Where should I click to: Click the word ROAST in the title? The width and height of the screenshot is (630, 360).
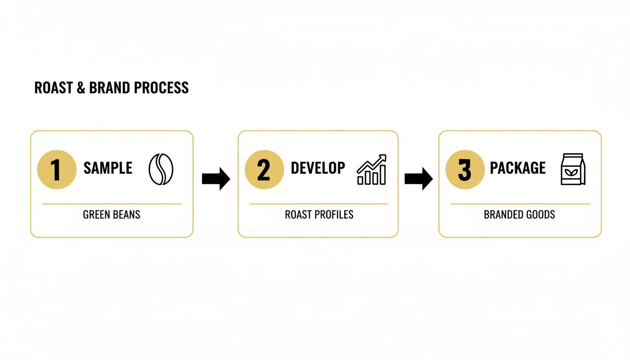pyautogui.click(x=53, y=88)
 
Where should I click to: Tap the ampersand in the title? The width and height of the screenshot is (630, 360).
pyautogui.click(x=81, y=88)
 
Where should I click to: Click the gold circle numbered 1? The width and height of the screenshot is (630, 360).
pyautogui.click(x=57, y=169)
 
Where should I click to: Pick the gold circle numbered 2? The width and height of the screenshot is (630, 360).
pyautogui.click(x=264, y=169)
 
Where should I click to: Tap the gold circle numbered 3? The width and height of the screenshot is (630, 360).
pyautogui.click(x=465, y=169)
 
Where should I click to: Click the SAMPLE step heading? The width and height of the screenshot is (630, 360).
pyautogui.click(x=108, y=168)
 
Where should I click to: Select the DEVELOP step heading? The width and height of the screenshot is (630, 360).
pyautogui.click(x=318, y=168)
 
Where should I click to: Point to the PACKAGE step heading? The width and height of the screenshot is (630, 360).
pyautogui.click(x=517, y=168)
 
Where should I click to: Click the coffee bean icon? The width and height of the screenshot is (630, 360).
pyautogui.click(x=161, y=169)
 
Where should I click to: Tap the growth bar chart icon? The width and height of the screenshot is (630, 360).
pyautogui.click(x=372, y=170)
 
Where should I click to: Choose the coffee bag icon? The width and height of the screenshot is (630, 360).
pyautogui.click(x=573, y=169)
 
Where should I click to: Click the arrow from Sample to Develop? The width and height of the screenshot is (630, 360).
pyautogui.click(x=216, y=179)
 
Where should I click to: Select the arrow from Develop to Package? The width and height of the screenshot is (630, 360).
pyautogui.click(x=418, y=179)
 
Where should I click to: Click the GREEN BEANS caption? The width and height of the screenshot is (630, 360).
pyautogui.click(x=112, y=215)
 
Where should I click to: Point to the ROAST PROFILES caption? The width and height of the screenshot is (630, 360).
pyautogui.click(x=319, y=215)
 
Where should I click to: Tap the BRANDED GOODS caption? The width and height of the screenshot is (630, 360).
pyautogui.click(x=519, y=215)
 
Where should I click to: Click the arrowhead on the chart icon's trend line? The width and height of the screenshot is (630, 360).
pyautogui.click(x=382, y=158)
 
